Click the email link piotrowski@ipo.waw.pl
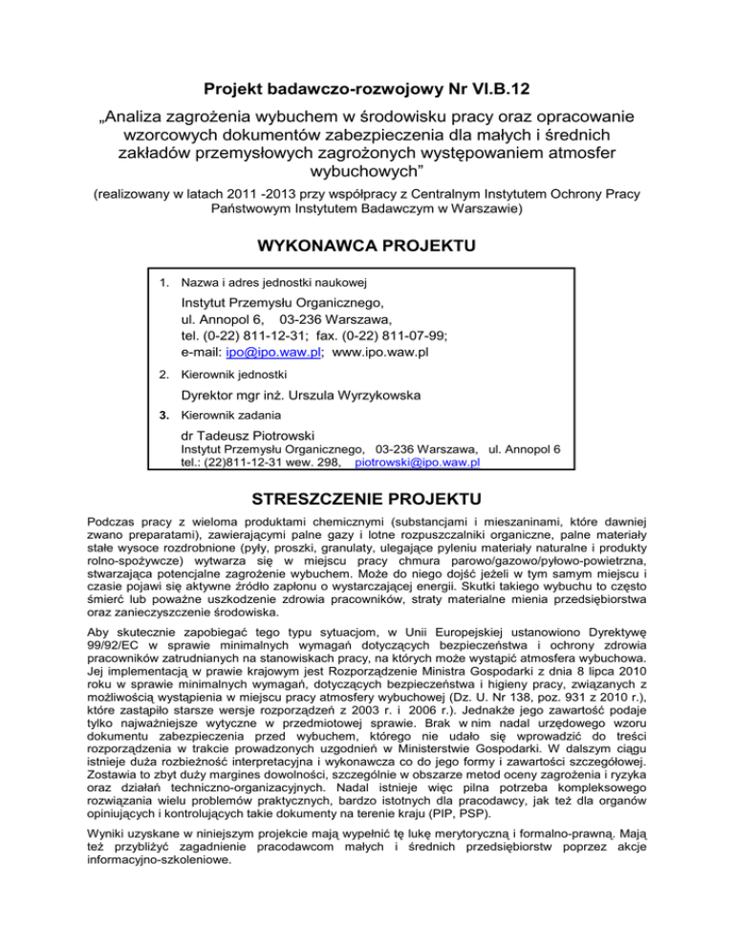coord(417,463)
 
